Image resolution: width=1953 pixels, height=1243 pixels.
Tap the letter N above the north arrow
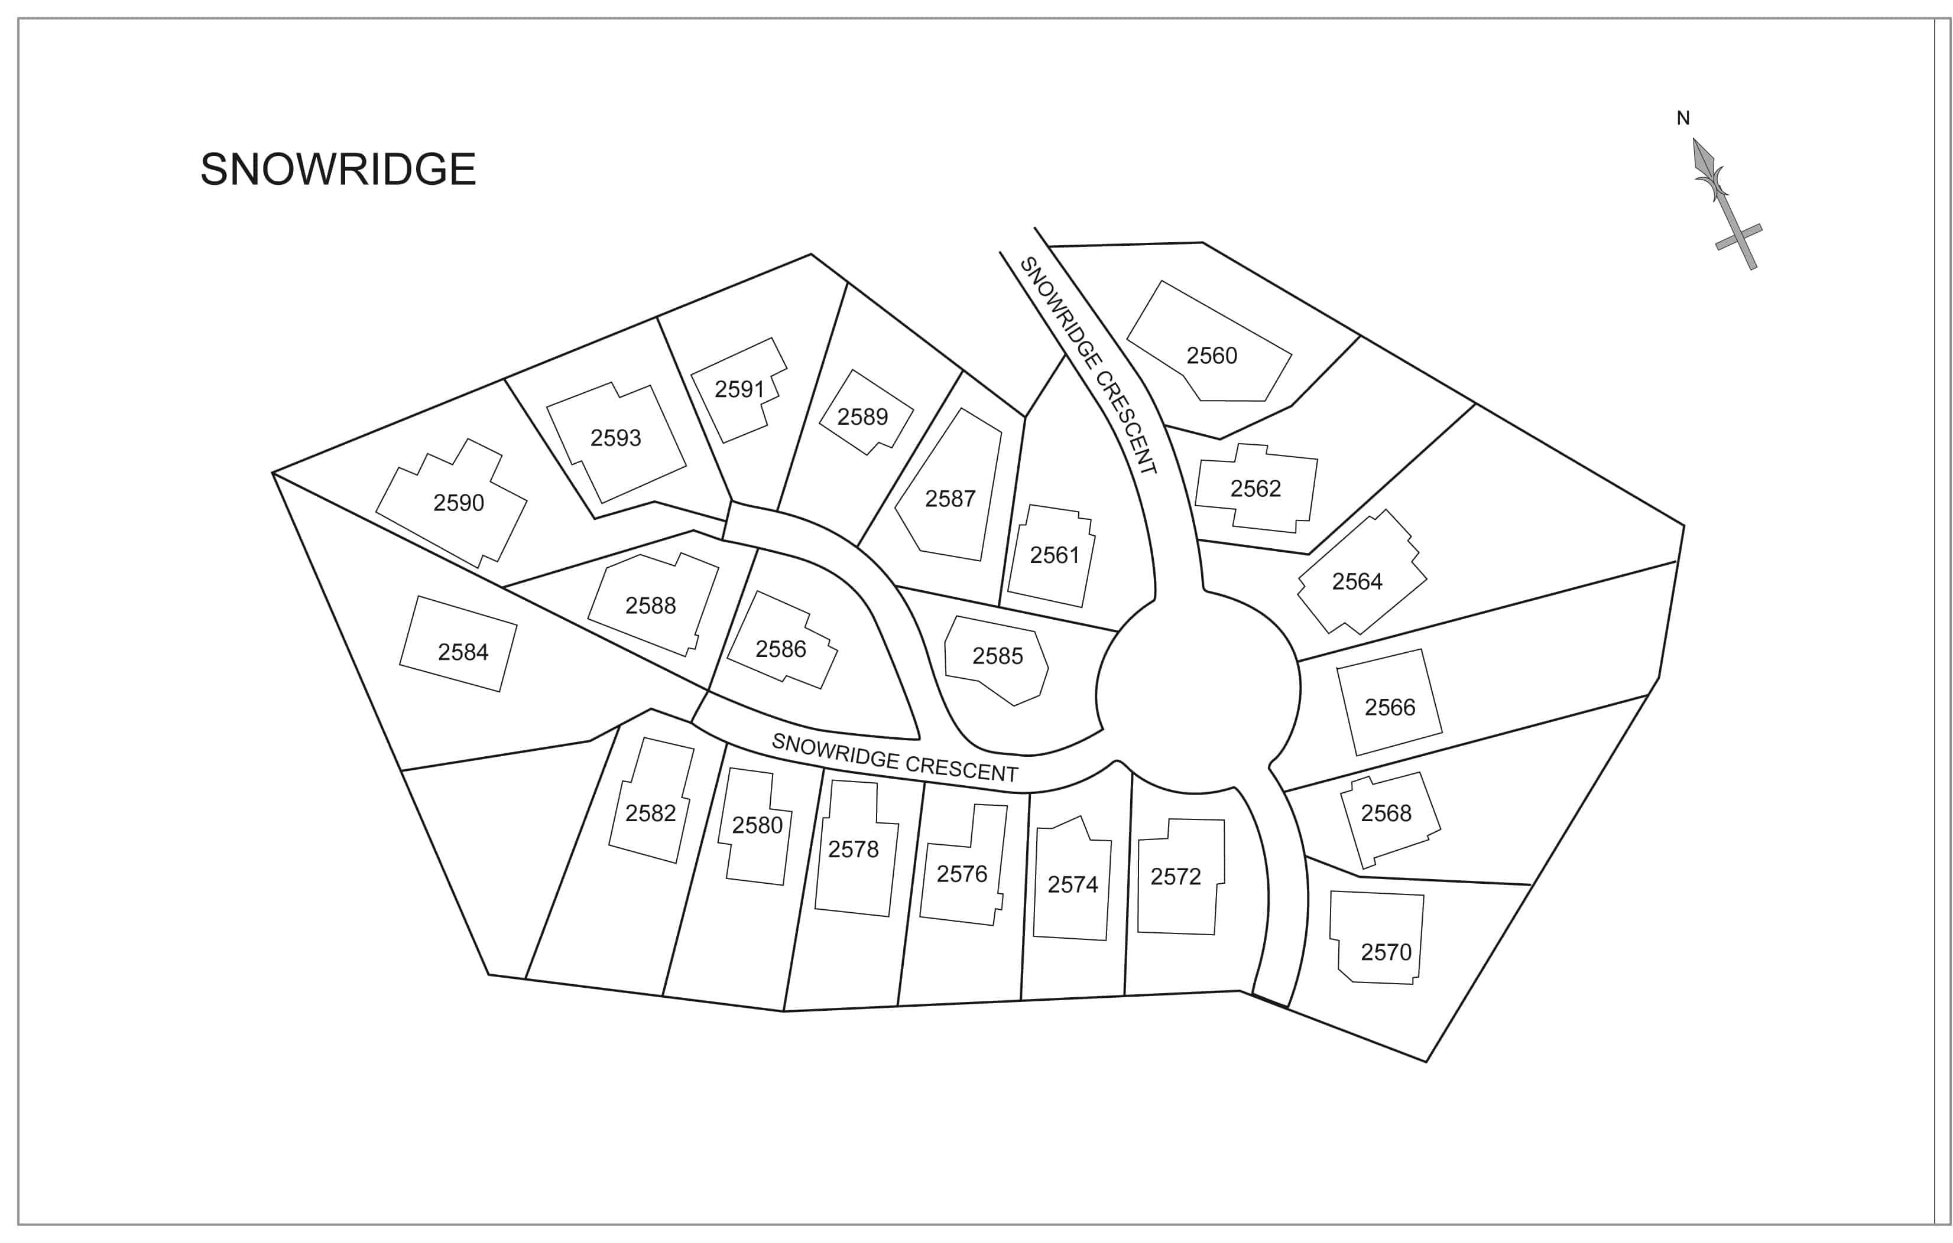pyautogui.click(x=1683, y=118)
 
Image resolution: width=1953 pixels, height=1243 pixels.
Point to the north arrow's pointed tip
pyautogui.click(x=1694, y=139)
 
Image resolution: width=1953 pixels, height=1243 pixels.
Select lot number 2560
pyautogui.click(x=1212, y=355)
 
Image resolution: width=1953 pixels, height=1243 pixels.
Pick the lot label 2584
pyautogui.click(x=463, y=652)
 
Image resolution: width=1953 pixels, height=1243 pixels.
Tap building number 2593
pyautogui.click(x=615, y=438)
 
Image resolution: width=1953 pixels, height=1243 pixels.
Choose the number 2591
pyautogui.click(x=739, y=389)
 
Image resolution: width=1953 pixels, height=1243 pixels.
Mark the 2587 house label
pyautogui.click(x=950, y=499)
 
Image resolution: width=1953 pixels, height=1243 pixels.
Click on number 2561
pyautogui.click(x=1055, y=555)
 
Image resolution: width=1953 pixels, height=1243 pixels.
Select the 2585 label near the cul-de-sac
pyautogui.click(x=998, y=656)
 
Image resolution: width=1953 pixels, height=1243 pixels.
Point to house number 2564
pyautogui.click(x=1357, y=581)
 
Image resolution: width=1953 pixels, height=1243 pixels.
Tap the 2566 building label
pyautogui.click(x=1390, y=707)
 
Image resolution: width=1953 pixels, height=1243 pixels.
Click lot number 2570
pyautogui.click(x=1386, y=952)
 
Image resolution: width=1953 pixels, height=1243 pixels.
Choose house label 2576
pyautogui.click(x=962, y=874)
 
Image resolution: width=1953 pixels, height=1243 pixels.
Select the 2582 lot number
pyautogui.click(x=650, y=814)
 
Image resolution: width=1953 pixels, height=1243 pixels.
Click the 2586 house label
pyautogui.click(x=781, y=649)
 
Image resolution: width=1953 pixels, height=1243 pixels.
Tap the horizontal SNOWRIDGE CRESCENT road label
pyautogui.click(x=894, y=757)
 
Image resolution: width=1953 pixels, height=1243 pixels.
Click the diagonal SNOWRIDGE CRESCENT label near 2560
pyautogui.click(x=1088, y=365)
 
